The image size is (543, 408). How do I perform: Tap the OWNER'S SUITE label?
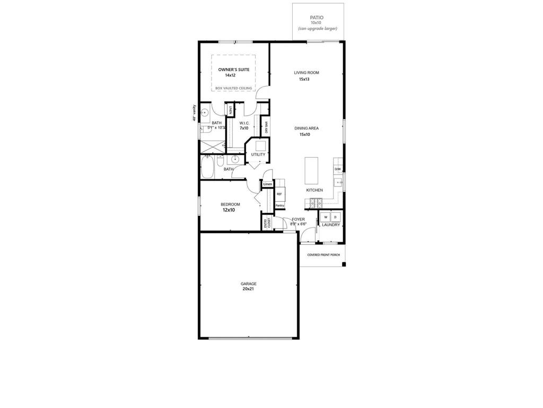tap(234, 69)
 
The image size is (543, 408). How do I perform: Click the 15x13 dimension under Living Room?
tap(304, 79)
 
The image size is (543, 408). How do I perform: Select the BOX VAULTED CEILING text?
tap(234, 88)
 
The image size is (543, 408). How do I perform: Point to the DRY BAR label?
tap(266, 127)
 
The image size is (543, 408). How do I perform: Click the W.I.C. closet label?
tap(244, 123)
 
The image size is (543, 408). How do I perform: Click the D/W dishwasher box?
tap(338, 169)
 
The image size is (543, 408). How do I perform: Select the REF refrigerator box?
tap(279, 194)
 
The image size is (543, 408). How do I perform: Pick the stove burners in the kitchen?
tap(317, 202)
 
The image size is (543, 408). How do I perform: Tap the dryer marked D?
tap(336, 217)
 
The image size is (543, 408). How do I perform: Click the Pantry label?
tap(279, 205)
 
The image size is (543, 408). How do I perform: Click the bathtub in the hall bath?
tap(207, 167)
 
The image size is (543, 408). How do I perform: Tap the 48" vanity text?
tap(195, 113)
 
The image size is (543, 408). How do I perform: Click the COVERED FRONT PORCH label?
tap(323, 255)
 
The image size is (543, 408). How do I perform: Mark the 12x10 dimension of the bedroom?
tap(229, 210)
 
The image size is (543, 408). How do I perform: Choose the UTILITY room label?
tap(258, 155)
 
